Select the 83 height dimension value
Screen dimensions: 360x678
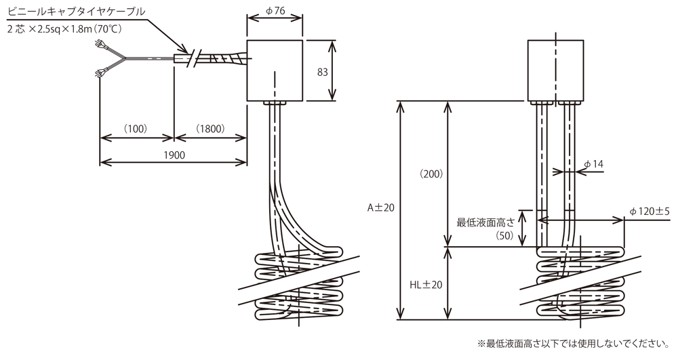[323, 71]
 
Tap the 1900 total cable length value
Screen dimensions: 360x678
[174, 155]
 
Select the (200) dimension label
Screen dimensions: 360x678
[431, 174]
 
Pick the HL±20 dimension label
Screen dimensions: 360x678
[426, 285]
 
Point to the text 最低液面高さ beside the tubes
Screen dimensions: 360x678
[485, 221]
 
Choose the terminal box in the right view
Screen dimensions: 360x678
[555, 71]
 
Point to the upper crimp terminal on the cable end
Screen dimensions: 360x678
[102, 46]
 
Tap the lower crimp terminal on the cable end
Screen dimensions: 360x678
[101, 73]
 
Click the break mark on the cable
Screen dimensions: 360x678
[195, 59]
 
